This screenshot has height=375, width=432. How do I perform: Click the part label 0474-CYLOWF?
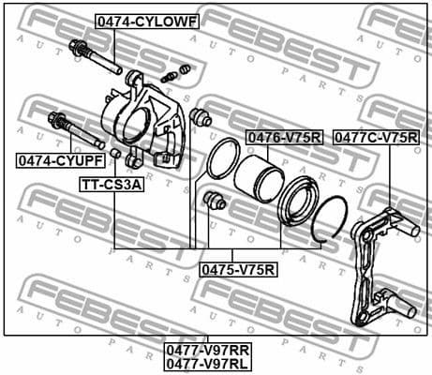(131, 20)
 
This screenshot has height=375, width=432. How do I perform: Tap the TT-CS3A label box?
(111, 185)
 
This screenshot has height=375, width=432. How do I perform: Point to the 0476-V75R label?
(284, 138)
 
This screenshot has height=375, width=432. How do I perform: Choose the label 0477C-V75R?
(376, 138)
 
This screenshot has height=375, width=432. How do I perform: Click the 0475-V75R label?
(238, 270)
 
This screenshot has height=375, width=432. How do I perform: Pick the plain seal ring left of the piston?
(219, 157)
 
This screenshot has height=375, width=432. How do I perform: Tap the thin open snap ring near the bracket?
(331, 221)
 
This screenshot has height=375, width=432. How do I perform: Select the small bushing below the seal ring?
(215, 201)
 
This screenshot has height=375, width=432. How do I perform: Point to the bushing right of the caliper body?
(199, 118)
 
